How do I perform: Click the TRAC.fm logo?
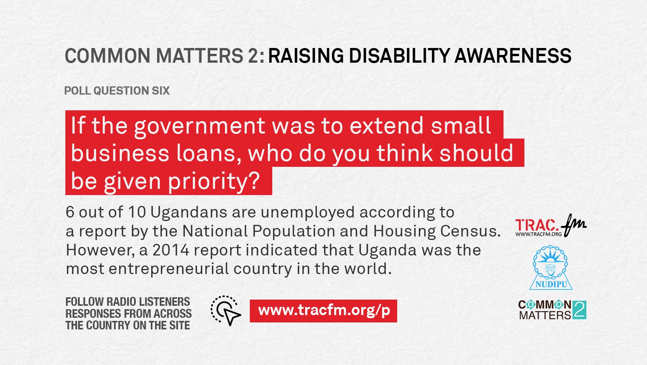(x=551, y=226)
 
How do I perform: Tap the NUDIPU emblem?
(x=551, y=267)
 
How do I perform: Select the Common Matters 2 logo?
(x=552, y=310)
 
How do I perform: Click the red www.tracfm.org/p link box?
(x=323, y=311)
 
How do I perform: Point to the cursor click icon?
(x=225, y=311)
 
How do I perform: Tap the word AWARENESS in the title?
(x=513, y=55)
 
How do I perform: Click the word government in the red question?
(x=200, y=126)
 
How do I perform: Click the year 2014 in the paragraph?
(x=171, y=250)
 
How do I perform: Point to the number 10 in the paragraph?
(x=137, y=212)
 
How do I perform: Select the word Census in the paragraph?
(x=471, y=231)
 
